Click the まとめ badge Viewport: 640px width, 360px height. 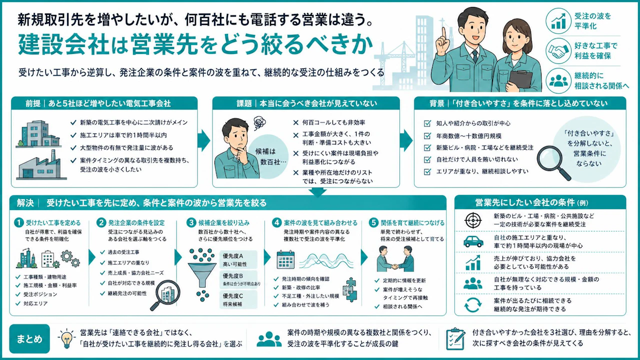pyautogui.click(x=29, y=339)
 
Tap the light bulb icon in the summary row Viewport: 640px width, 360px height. pyautogui.click(x=66, y=339)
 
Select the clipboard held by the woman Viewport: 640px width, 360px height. pyautogui.click(x=520, y=81)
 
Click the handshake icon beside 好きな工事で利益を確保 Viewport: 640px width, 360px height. pyautogui.click(x=558, y=50)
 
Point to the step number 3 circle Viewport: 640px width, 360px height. pyautogui.click(x=191, y=222)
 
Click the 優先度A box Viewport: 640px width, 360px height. pyautogui.click(x=238, y=259)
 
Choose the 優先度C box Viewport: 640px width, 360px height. pyautogui.click(x=238, y=299)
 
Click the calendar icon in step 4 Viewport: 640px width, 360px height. pyautogui.click(x=285, y=259)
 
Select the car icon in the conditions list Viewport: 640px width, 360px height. pyautogui.click(x=473, y=241)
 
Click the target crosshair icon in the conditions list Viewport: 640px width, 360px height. pyautogui.click(x=473, y=220)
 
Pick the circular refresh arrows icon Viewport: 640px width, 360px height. pyautogui.click(x=473, y=305)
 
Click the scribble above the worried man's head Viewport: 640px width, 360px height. pyautogui.click(x=259, y=123)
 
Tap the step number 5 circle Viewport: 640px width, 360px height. pyautogui.click(x=373, y=222)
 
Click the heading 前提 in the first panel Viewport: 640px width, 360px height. pyautogui.click(x=33, y=103)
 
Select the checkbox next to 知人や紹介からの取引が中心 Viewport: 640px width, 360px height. pyautogui.click(x=427, y=123)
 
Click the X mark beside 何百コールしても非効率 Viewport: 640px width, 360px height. pyautogui.click(x=295, y=123)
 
